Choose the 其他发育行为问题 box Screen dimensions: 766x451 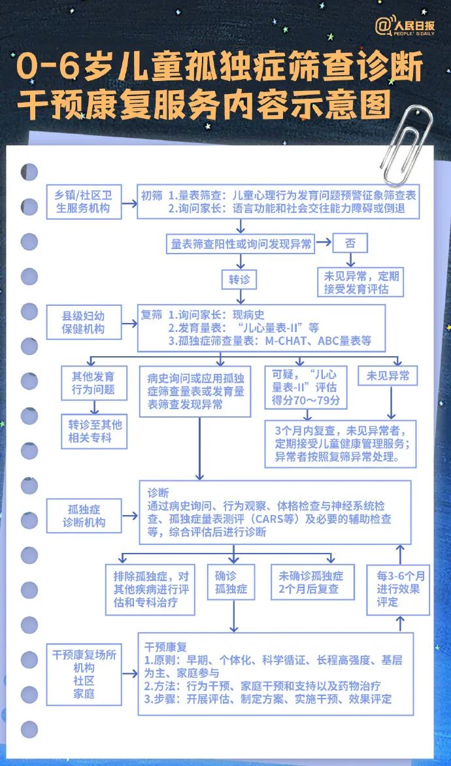[93, 383]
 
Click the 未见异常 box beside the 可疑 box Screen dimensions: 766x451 [388, 376]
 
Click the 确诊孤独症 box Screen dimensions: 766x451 [231, 582]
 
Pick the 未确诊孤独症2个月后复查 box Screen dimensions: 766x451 [311, 582]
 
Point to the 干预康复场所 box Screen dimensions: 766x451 [84, 673]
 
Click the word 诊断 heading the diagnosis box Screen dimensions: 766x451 [158, 492]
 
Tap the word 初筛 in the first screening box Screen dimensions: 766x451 [152, 195]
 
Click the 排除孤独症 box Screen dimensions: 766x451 [150, 589]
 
